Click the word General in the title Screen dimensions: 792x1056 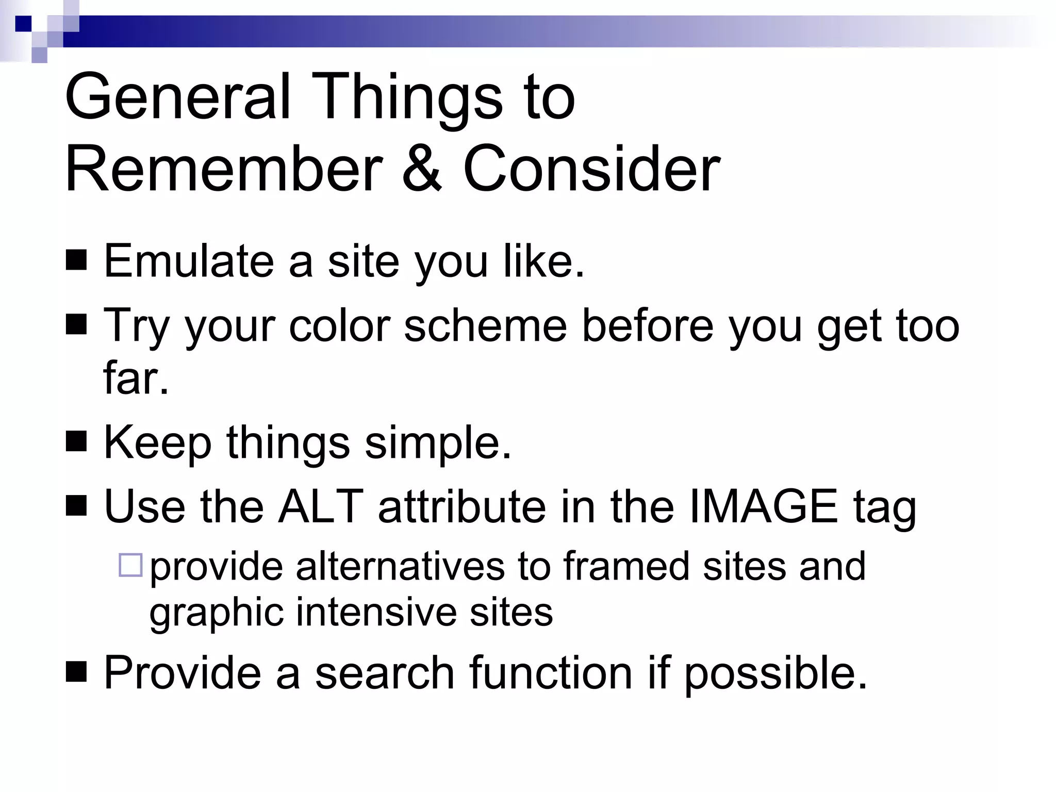click(x=178, y=98)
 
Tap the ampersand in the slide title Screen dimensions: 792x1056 click(x=422, y=169)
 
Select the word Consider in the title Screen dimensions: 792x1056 click(x=591, y=169)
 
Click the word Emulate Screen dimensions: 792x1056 click(x=188, y=261)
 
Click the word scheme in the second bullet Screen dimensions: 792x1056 click(x=485, y=326)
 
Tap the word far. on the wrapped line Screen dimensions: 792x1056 click(x=136, y=378)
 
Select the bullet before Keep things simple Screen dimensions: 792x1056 click(x=76, y=441)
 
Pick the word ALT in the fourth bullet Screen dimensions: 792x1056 click(x=320, y=506)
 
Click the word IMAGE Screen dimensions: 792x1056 click(x=763, y=506)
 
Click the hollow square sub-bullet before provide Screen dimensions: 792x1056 click(x=130, y=565)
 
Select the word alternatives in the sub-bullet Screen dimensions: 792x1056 click(x=399, y=566)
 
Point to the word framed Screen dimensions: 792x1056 click(x=626, y=566)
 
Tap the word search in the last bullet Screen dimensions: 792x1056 click(x=385, y=673)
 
